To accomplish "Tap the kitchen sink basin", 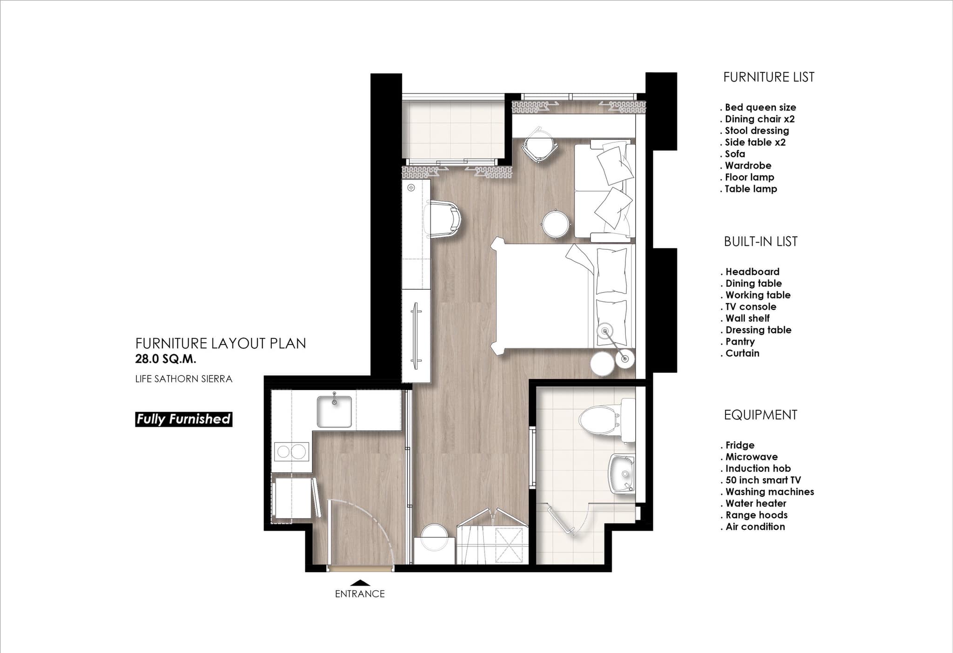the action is (x=334, y=411).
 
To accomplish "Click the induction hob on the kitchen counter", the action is (x=292, y=451).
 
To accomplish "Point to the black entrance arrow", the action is (x=360, y=582).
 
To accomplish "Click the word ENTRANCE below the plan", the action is (x=360, y=594).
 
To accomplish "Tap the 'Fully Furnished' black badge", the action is (x=184, y=419).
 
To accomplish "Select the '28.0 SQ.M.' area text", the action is (x=166, y=359).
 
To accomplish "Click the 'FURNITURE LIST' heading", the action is (x=769, y=77).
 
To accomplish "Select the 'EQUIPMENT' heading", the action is (x=760, y=415).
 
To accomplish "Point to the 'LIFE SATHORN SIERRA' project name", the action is (x=184, y=379).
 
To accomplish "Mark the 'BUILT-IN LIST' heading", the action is (x=761, y=241).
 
